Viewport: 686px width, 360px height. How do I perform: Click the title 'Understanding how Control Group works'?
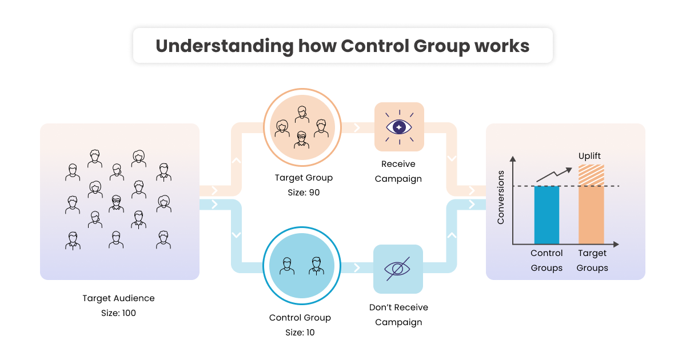(342, 46)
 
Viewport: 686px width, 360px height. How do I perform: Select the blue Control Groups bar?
(547, 215)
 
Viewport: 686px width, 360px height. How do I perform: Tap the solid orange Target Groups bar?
(591, 215)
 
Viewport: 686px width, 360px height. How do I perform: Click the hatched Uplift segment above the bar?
(591, 175)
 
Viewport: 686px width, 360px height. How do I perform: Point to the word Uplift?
(589, 156)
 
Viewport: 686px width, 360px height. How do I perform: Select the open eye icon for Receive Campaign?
(399, 127)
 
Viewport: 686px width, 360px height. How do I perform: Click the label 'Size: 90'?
(304, 193)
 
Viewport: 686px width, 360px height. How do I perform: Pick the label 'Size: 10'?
(300, 333)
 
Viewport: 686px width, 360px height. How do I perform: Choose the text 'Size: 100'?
(118, 313)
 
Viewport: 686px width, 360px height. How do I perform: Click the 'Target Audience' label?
(118, 298)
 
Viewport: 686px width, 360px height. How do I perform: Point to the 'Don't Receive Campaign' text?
(398, 315)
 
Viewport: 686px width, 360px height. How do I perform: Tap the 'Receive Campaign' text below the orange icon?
(398, 171)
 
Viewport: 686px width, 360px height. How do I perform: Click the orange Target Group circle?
(302, 127)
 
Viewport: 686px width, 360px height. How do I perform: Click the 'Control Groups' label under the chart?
(547, 261)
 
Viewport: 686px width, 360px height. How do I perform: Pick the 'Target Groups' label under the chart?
(592, 261)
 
